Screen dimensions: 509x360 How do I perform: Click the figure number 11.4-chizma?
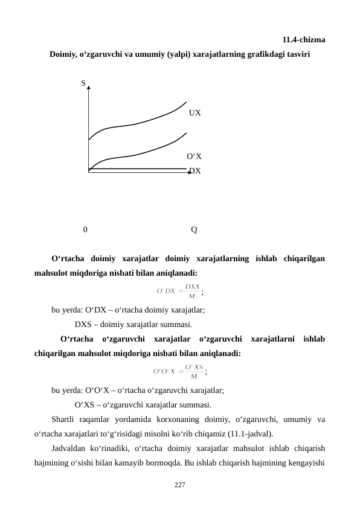point(304,41)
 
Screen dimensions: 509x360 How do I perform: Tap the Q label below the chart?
point(193,230)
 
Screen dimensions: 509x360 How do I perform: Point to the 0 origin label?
point(86,230)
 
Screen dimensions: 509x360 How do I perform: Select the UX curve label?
point(194,113)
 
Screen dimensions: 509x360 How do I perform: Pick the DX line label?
point(195,171)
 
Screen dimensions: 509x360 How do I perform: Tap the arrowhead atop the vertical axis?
point(89,88)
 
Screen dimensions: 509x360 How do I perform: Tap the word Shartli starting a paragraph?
point(64,419)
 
